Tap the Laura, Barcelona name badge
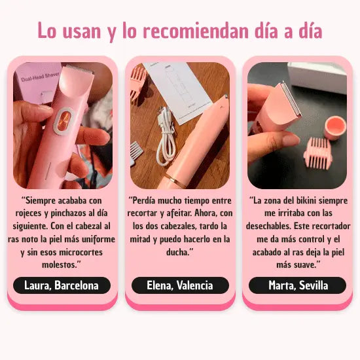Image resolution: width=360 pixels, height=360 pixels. [62, 285]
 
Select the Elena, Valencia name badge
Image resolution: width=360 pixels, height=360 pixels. [180, 285]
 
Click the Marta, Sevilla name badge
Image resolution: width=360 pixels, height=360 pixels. [298, 285]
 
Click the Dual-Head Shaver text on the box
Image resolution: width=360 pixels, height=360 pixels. [40, 77]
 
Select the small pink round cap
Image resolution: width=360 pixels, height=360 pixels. [335, 128]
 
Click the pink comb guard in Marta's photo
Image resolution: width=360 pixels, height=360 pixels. [317, 153]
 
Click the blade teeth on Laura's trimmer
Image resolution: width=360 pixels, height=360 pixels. [80, 69]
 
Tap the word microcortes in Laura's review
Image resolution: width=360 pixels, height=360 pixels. [81, 252]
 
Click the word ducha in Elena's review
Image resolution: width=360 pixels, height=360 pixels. [177, 252]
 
